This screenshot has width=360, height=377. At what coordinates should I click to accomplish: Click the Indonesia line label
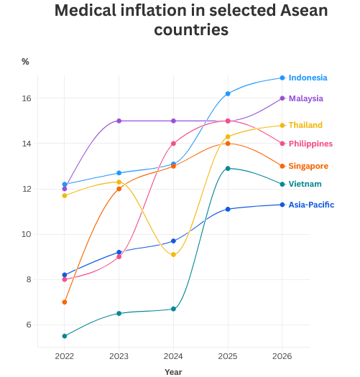point(308,78)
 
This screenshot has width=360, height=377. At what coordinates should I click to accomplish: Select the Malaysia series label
point(305,98)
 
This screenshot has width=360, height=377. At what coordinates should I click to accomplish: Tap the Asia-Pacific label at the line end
point(311,205)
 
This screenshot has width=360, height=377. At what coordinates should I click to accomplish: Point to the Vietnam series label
point(305,185)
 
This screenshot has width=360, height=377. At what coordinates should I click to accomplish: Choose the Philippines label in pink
point(310,144)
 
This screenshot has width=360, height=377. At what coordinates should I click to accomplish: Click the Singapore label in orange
point(308,166)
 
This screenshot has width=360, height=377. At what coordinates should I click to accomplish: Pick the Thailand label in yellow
point(305,125)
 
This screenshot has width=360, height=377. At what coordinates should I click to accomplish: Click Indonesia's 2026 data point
point(282,78)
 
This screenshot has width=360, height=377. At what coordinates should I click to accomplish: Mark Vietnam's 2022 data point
point(65,336)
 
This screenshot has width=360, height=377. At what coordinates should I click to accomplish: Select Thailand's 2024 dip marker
point(173,255)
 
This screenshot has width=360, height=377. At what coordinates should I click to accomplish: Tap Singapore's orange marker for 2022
point(65,302)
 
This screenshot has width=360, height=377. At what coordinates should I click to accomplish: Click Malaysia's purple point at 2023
point(119,121)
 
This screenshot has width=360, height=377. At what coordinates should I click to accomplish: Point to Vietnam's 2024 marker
point(173,309)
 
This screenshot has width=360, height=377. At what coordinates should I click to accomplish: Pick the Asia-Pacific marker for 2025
point(228,209)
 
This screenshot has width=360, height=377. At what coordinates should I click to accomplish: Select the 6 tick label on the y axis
point(28,325)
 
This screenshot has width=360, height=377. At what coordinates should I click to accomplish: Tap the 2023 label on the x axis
point(119,355)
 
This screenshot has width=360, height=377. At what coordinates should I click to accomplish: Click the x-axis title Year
point(173,372)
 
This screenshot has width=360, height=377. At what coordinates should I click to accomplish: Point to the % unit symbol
point(25,62)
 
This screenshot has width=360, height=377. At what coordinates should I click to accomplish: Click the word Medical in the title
point(88,11)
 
